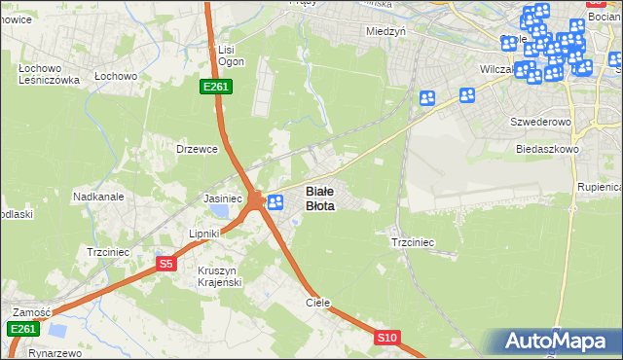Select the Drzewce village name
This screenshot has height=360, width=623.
pos(195,149)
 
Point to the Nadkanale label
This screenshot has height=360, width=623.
pos(97,197)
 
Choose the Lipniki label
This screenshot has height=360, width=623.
pos(206,234)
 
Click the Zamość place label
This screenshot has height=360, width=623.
pos(31,312)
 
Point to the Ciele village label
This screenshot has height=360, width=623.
pos(318,303)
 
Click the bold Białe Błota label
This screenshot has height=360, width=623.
pos(320,198)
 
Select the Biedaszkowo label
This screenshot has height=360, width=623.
pos(548,149)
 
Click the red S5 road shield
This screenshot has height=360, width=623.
pos(165,263)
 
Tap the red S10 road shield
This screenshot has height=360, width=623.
pos(386,338)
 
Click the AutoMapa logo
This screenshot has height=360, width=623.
pos(556,342)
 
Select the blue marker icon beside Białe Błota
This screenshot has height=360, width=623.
pos(275,202)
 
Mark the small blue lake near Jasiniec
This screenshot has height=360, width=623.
pos(223,211)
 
